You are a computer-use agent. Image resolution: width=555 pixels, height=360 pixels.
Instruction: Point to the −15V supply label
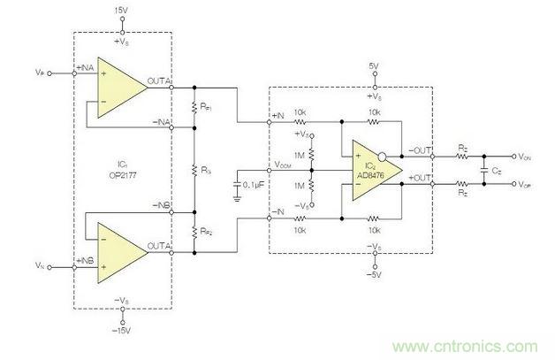[x=120, y=331]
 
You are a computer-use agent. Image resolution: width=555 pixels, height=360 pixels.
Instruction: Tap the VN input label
[x=39, y=264]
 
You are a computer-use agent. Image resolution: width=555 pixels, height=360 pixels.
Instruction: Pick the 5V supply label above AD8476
[x=375, y=66]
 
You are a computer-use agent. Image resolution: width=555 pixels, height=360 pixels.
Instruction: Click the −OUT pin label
[x=421, y=150]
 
